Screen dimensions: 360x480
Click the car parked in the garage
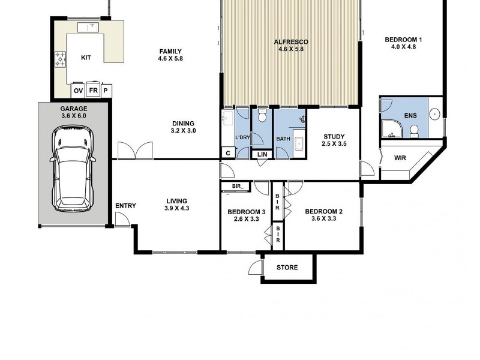73,170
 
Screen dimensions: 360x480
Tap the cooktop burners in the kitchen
61,59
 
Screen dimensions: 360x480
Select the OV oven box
78,90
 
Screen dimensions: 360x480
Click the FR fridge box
93,90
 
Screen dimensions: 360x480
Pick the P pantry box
106,90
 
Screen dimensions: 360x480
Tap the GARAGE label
73,109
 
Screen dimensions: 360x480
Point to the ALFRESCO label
290,41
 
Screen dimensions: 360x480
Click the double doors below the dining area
136,151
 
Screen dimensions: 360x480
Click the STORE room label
287,268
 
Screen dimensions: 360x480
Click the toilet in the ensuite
413,131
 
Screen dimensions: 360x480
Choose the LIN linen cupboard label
262,155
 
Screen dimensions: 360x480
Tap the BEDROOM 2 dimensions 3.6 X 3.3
323,219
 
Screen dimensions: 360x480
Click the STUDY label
334,136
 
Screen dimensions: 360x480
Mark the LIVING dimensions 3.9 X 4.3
176,209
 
